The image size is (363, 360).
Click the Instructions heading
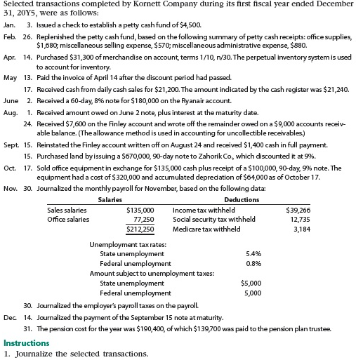click(x=27, y=343)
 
